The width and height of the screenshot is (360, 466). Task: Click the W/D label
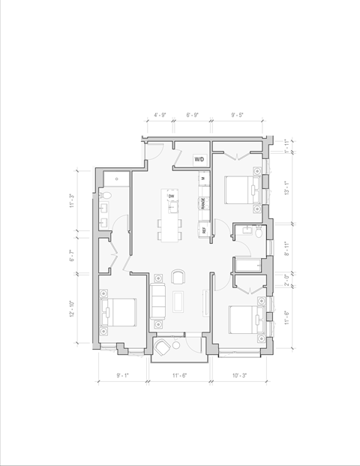199,160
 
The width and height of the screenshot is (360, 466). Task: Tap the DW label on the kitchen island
171,197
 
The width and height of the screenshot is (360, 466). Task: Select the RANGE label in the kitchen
202,203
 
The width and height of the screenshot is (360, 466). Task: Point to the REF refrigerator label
202,230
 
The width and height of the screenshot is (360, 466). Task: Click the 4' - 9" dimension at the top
160,116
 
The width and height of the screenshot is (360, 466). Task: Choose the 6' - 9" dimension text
192,116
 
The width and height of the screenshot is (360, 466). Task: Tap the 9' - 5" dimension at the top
238,116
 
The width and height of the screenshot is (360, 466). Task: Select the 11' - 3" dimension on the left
73,201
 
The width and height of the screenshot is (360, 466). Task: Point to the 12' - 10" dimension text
73,307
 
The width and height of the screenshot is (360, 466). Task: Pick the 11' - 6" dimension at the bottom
180,374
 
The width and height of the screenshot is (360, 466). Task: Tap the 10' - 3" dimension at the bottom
238,374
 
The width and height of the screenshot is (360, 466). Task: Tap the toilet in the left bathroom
106,196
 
